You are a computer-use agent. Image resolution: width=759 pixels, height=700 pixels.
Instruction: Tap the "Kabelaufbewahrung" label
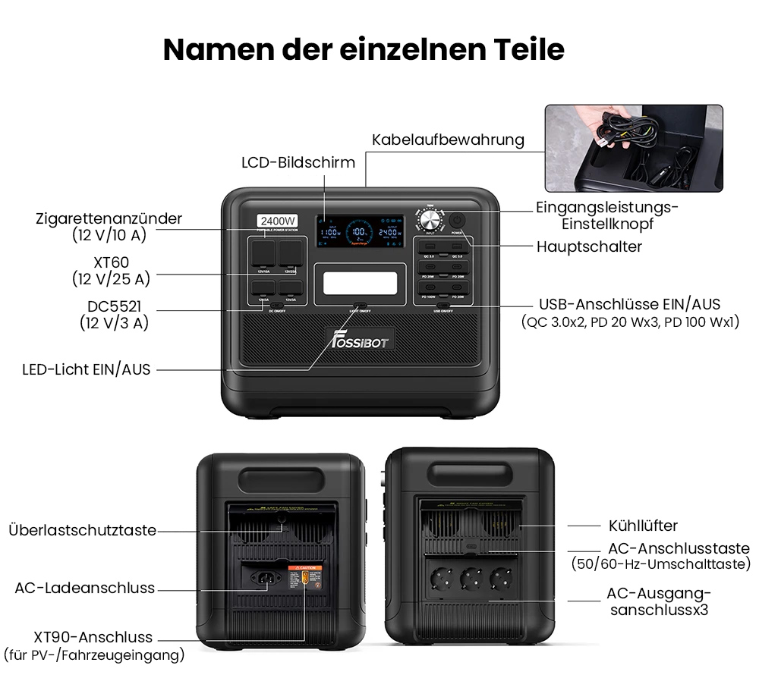click(x=448, y=140)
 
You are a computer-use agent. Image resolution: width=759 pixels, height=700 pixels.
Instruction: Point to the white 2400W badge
click(x=276, y=221)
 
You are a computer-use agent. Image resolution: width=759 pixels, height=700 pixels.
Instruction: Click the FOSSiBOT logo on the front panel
click(x=360, y=339)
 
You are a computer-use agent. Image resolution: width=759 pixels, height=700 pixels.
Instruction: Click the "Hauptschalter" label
click(x=589, y=246)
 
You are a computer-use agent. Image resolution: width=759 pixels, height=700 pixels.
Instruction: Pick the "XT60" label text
click(x=112, y=262)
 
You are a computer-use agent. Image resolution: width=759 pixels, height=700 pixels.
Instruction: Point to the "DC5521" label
click(x=114, y=306)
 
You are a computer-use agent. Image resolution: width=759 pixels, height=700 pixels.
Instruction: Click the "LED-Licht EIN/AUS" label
click(x=87, y=370)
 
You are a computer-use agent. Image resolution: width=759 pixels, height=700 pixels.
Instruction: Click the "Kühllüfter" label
click(x=643, y=526)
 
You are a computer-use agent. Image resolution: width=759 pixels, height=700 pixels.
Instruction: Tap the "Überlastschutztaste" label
click(x=82, y=530)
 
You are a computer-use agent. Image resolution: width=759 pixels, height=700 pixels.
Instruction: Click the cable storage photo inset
click(x=634, y=148)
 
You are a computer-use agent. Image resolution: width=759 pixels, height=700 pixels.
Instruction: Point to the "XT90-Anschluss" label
click(x=93, y=637)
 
